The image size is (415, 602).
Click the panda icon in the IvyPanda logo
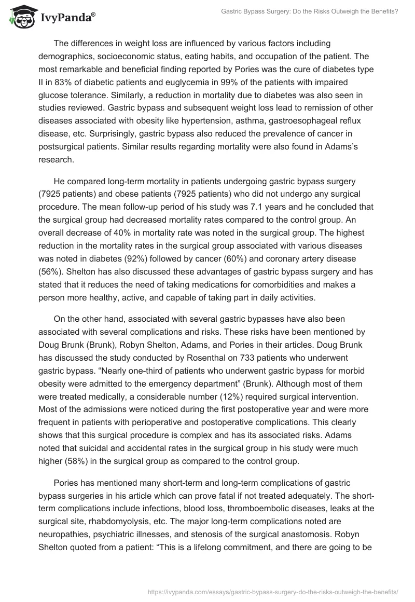20,17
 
